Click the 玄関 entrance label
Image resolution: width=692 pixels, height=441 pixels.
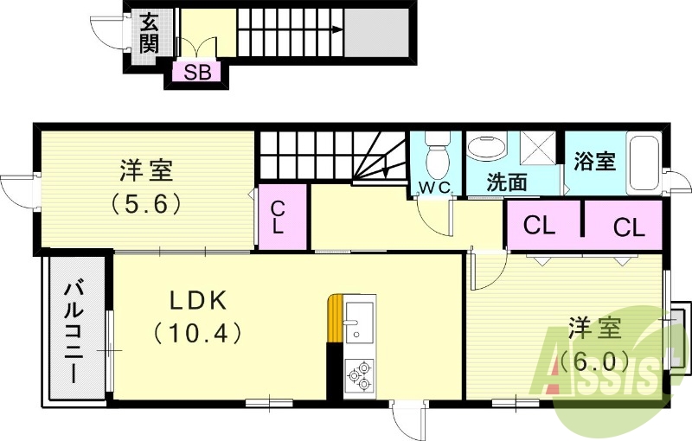[x=149, y=33]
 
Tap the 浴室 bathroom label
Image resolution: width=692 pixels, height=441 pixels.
[x=595, y=161]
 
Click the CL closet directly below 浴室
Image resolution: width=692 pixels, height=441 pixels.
[x=629, y=227]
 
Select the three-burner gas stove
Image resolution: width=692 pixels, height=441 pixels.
[x=359, y=374]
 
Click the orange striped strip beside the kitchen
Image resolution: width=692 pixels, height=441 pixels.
[x=335, y=320]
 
